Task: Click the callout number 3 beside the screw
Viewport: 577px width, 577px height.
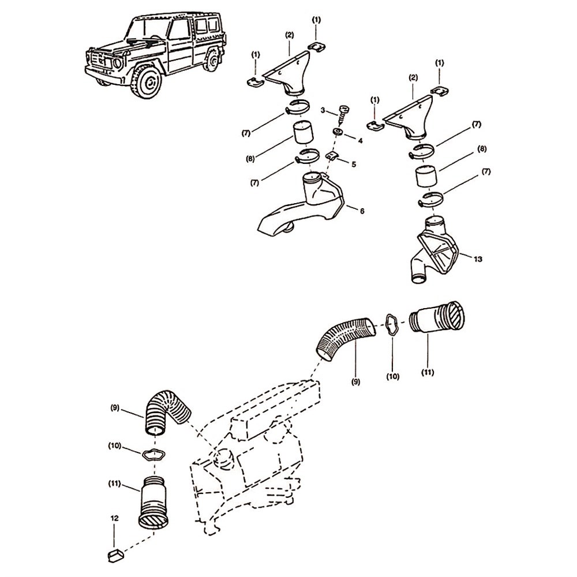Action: [323, 110]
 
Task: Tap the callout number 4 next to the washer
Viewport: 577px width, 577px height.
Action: [360, 140]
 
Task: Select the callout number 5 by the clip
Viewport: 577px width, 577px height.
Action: [354, 164]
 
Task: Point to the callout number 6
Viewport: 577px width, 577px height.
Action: [362, 211]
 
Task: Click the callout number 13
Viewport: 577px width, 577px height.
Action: [478, 259]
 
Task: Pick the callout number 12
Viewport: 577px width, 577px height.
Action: [115, 518]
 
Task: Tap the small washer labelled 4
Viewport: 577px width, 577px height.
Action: [338, 132]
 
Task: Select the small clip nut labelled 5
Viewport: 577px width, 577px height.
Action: [332, 156]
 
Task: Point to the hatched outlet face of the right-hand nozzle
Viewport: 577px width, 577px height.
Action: [456, 315]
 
